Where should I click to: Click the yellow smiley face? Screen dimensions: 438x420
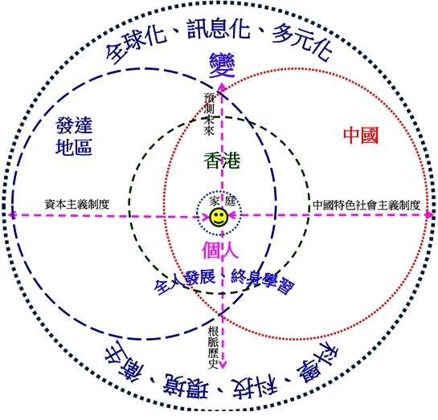(219, 218)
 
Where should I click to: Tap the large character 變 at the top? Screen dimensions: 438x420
(222, 65)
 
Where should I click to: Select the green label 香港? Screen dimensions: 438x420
(222, 161)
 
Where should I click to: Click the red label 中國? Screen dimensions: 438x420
(361, 136)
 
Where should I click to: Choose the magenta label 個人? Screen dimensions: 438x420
(220, 250)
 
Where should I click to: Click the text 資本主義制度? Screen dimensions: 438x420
(77, 204)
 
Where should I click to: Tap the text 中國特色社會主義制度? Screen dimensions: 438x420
(366, 205)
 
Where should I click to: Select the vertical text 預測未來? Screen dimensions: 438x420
(209, 114)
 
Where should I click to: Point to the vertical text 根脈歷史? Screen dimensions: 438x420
(213, 348)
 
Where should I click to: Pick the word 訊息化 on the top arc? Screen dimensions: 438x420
(219, 28)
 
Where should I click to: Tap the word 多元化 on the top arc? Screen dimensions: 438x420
(302, 42)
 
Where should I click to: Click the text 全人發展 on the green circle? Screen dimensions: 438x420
(184, 282)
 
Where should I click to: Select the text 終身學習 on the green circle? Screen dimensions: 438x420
(263, 281)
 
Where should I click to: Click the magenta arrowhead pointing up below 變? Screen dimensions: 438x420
(222, 87)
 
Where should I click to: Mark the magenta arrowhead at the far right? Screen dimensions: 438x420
(429, 214)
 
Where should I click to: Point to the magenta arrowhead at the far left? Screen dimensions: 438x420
(12, 215)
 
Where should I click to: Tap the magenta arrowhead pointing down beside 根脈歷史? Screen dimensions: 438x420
(223, 364)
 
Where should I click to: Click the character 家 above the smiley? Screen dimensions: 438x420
(215, 202)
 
